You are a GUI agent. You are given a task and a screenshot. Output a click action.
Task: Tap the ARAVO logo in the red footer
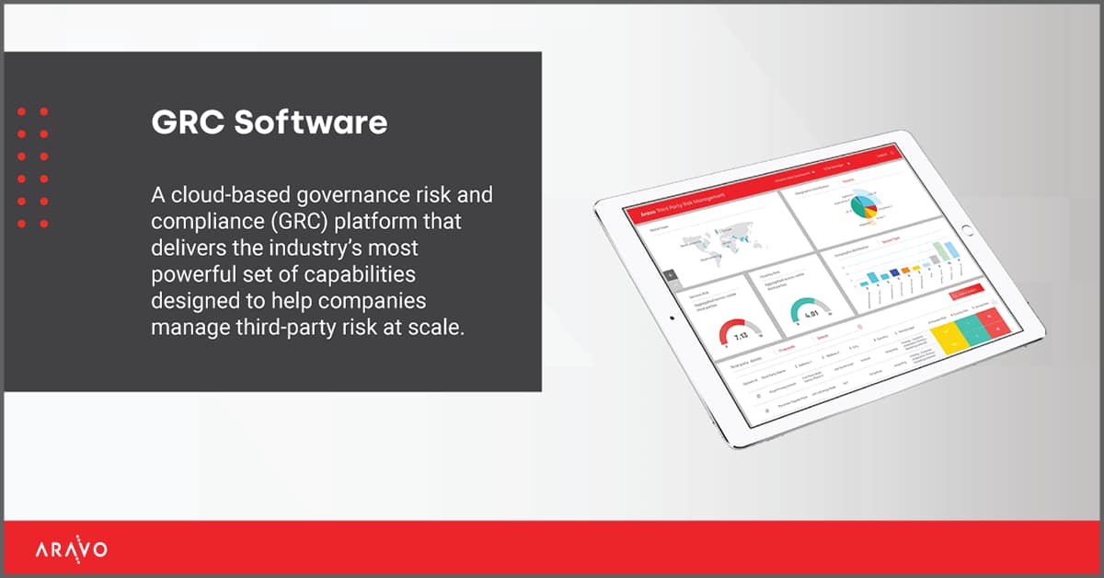pos(71,550)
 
